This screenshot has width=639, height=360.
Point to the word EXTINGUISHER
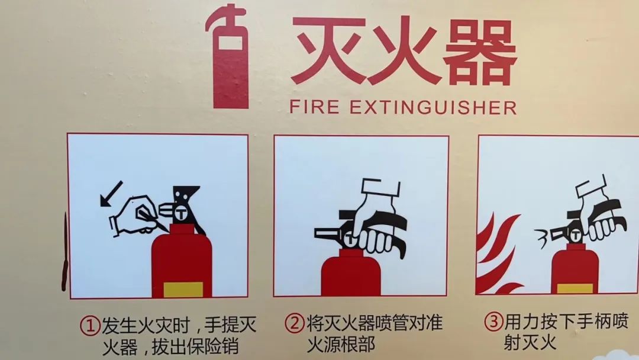(x=432, y=108)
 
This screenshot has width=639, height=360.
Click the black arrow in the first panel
(x=111, y=194)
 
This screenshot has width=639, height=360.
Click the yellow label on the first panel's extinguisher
(x=183, y=289)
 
